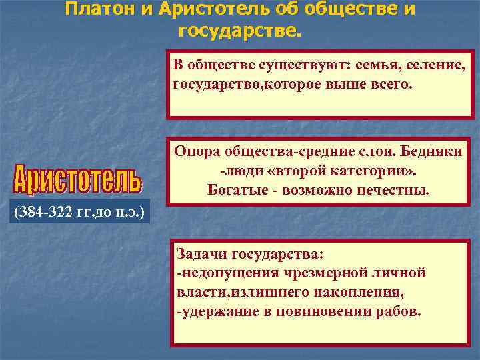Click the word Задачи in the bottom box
pyautogui.click(x=200, y=254)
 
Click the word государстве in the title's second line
pyautogui.click(x=239, y=30)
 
